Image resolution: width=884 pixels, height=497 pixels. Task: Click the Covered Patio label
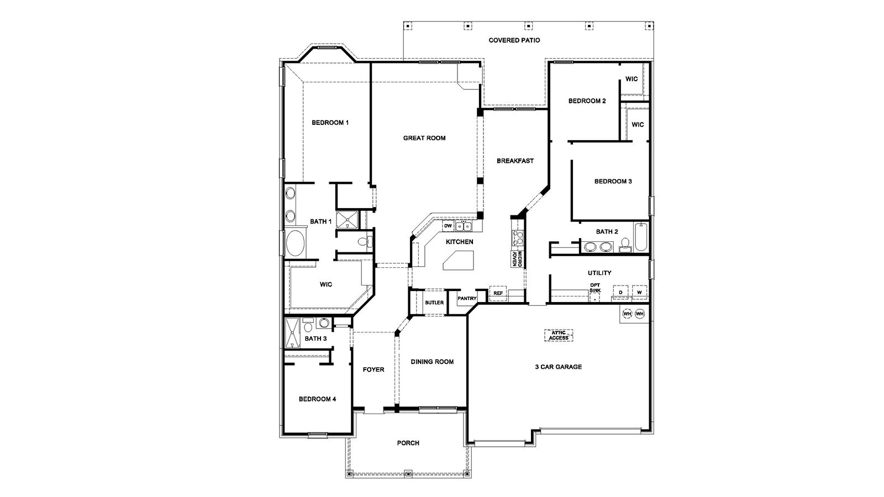click(514, 40)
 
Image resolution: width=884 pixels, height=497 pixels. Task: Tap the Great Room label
click(424, 138)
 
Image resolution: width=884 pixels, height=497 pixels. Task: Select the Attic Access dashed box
click(559, 335)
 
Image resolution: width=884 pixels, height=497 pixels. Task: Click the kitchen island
click(458, 260)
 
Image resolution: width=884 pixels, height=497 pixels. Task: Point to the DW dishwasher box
click(448, 226)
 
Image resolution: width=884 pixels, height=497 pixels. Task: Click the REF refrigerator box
click(498, 293)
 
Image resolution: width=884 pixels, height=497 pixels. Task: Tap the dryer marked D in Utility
click(620, 292)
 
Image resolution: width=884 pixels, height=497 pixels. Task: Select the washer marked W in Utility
click(639, 292)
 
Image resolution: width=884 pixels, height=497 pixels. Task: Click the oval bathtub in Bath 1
click(294, 243)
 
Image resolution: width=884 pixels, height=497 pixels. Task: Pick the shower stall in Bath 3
click(292, 332)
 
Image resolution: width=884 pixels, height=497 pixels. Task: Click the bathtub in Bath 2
click(641, 237)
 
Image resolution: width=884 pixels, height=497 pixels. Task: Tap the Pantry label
click(467, 299)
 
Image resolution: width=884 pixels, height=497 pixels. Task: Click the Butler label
click(434, 303)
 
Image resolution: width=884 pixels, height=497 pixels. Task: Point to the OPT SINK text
click(594, 287)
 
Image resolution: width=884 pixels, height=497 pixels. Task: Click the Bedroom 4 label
click(317, 399)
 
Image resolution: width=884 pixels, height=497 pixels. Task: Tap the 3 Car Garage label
click(558, 367)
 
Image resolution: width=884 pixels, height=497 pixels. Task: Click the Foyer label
click(373, 369)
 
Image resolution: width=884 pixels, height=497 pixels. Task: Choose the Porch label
click(408, 443)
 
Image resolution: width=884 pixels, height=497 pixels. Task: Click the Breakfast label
click(515, 161)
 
